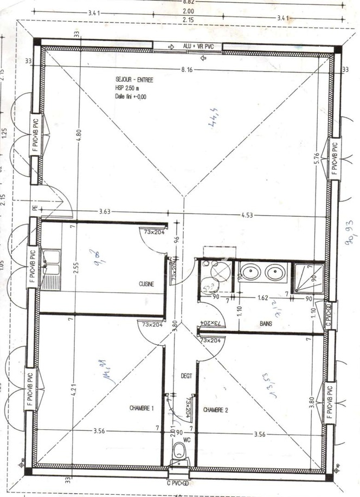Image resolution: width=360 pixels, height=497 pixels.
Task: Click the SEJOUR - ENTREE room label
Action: click(134, 80)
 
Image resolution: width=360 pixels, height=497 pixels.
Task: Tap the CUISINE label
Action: click(146, 283)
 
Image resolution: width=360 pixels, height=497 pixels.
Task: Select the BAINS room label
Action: click(266, 323)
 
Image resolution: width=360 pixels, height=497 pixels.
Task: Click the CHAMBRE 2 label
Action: click(216, 410)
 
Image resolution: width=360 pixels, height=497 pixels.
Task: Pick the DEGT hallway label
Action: click(180, 375)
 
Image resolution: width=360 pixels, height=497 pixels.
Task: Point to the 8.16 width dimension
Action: click(188, 69)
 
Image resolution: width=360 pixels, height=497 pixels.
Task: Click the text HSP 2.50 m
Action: click(127, 88)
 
